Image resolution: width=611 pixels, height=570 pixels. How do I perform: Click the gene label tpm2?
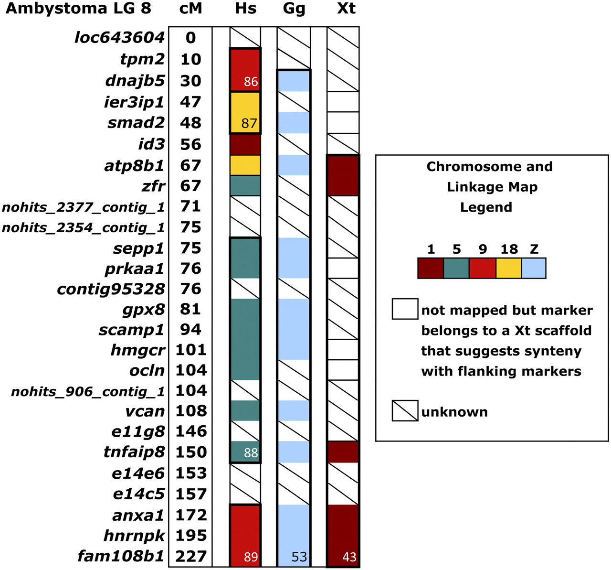click(x=142, y=59)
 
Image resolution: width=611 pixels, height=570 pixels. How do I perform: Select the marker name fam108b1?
click(x=121, y=557)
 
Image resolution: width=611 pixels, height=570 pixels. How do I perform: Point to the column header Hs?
click(x=246, y=9)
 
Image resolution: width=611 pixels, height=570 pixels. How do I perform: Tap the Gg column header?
click(x=294, y=9)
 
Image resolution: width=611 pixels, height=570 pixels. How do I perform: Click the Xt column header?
click(x=346, y=9)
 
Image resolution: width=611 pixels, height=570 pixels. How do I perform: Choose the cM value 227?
click(x=191, y=557)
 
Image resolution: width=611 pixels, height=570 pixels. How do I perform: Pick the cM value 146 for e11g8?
click(x=191, y=431)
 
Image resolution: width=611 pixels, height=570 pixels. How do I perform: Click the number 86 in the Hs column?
click(x=251, y=82)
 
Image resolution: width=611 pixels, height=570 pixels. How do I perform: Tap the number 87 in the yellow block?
click(x=249, y=124)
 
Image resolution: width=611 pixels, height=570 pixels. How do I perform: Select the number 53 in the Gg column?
click(x=299, y=557)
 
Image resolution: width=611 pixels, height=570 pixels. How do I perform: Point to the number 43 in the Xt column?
click(x=349, y=557)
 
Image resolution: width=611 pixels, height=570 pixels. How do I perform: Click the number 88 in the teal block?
click(x=251, y=453)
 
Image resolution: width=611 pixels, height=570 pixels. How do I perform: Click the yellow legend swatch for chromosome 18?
click(x=508, y=268)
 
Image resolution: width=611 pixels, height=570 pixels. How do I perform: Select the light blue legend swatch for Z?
click(x=534, y=268)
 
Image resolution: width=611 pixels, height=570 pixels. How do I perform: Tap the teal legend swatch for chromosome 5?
click(x=456, y=268)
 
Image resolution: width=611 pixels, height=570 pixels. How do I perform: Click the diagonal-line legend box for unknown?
click(x=405, y=411)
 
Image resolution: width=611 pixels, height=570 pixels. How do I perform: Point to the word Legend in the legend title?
click(x=486, y=207)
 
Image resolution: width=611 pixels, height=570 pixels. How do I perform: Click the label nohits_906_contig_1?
click(x=88, y=392)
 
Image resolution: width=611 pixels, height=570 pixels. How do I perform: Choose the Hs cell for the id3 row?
click(x=245, y=144)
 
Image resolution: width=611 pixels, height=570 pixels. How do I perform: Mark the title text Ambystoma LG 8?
click(x=78, y=9)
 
